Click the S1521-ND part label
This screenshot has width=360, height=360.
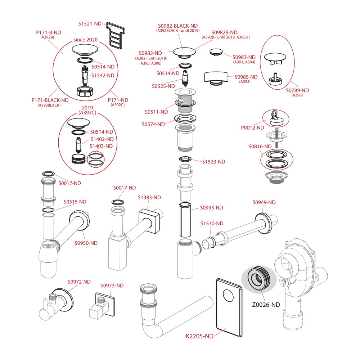coord(90,24)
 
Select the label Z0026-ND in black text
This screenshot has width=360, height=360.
coord(266,305)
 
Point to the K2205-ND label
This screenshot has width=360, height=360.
coord(199,336)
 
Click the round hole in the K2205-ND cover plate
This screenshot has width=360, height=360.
coord(228,296)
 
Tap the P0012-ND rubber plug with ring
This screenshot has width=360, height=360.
coord(275,118)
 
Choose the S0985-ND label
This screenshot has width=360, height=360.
coord(246,77)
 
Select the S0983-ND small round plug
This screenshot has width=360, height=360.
coord(216,52)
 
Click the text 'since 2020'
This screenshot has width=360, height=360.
coord(86,40)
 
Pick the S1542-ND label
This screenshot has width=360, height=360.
coord(103,76)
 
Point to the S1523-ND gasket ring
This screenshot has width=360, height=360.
coord(185,159)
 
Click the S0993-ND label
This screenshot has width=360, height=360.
coord(211,208)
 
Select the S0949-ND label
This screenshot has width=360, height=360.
coord(264,202)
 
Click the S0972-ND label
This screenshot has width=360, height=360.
coord(79,282)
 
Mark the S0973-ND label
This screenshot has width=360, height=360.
coord(112,285)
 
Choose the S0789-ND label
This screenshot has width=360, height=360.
coord(297,90)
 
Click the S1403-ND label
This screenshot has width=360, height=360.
coord(101,146)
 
